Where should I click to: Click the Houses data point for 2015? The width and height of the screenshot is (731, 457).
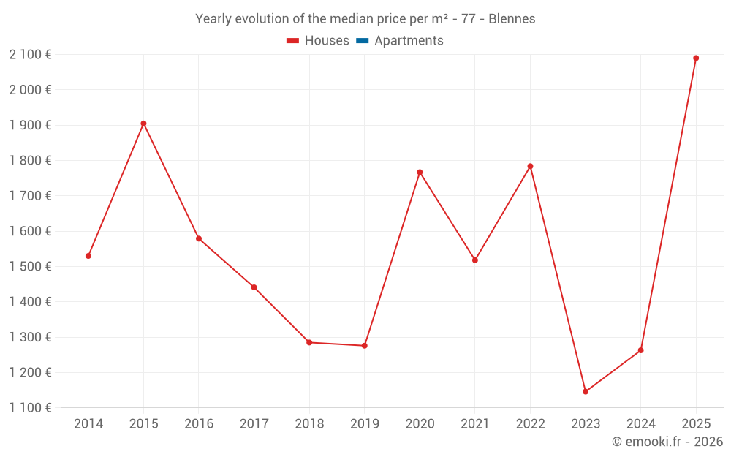143,124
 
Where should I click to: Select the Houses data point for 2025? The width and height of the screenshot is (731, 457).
696,58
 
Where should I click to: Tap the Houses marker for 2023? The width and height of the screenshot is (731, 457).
586,392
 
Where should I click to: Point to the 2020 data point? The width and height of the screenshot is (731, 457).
420,173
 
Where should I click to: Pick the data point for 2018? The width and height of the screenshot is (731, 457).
309,342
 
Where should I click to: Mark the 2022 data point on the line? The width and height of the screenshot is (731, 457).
530,166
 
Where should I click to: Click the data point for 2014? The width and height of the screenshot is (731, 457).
88,256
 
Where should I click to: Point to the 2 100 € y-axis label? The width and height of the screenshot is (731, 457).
30,55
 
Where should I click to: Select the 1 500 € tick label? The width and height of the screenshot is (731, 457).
30,267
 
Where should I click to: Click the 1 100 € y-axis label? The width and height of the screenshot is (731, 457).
30,408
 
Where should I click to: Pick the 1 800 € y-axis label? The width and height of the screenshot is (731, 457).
30,161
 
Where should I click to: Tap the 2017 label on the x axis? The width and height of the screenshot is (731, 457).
254,424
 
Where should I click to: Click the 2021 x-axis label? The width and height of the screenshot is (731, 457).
475,424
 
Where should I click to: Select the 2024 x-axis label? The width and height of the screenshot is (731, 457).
641,424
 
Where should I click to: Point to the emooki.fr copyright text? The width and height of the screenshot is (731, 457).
667,442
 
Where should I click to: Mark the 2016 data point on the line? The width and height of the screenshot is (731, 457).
199,239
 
